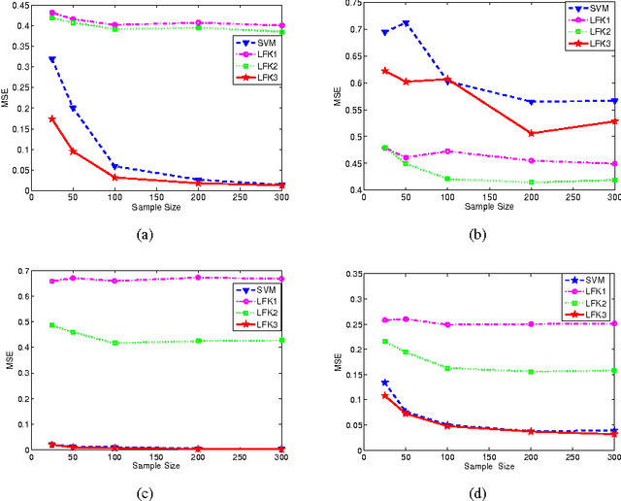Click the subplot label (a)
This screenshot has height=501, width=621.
click(146, 234)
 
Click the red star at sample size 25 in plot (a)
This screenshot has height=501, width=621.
click(51, 118)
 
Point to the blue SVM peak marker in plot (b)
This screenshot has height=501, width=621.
click(406, 23)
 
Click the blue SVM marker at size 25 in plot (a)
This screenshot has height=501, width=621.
click(51, 59)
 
